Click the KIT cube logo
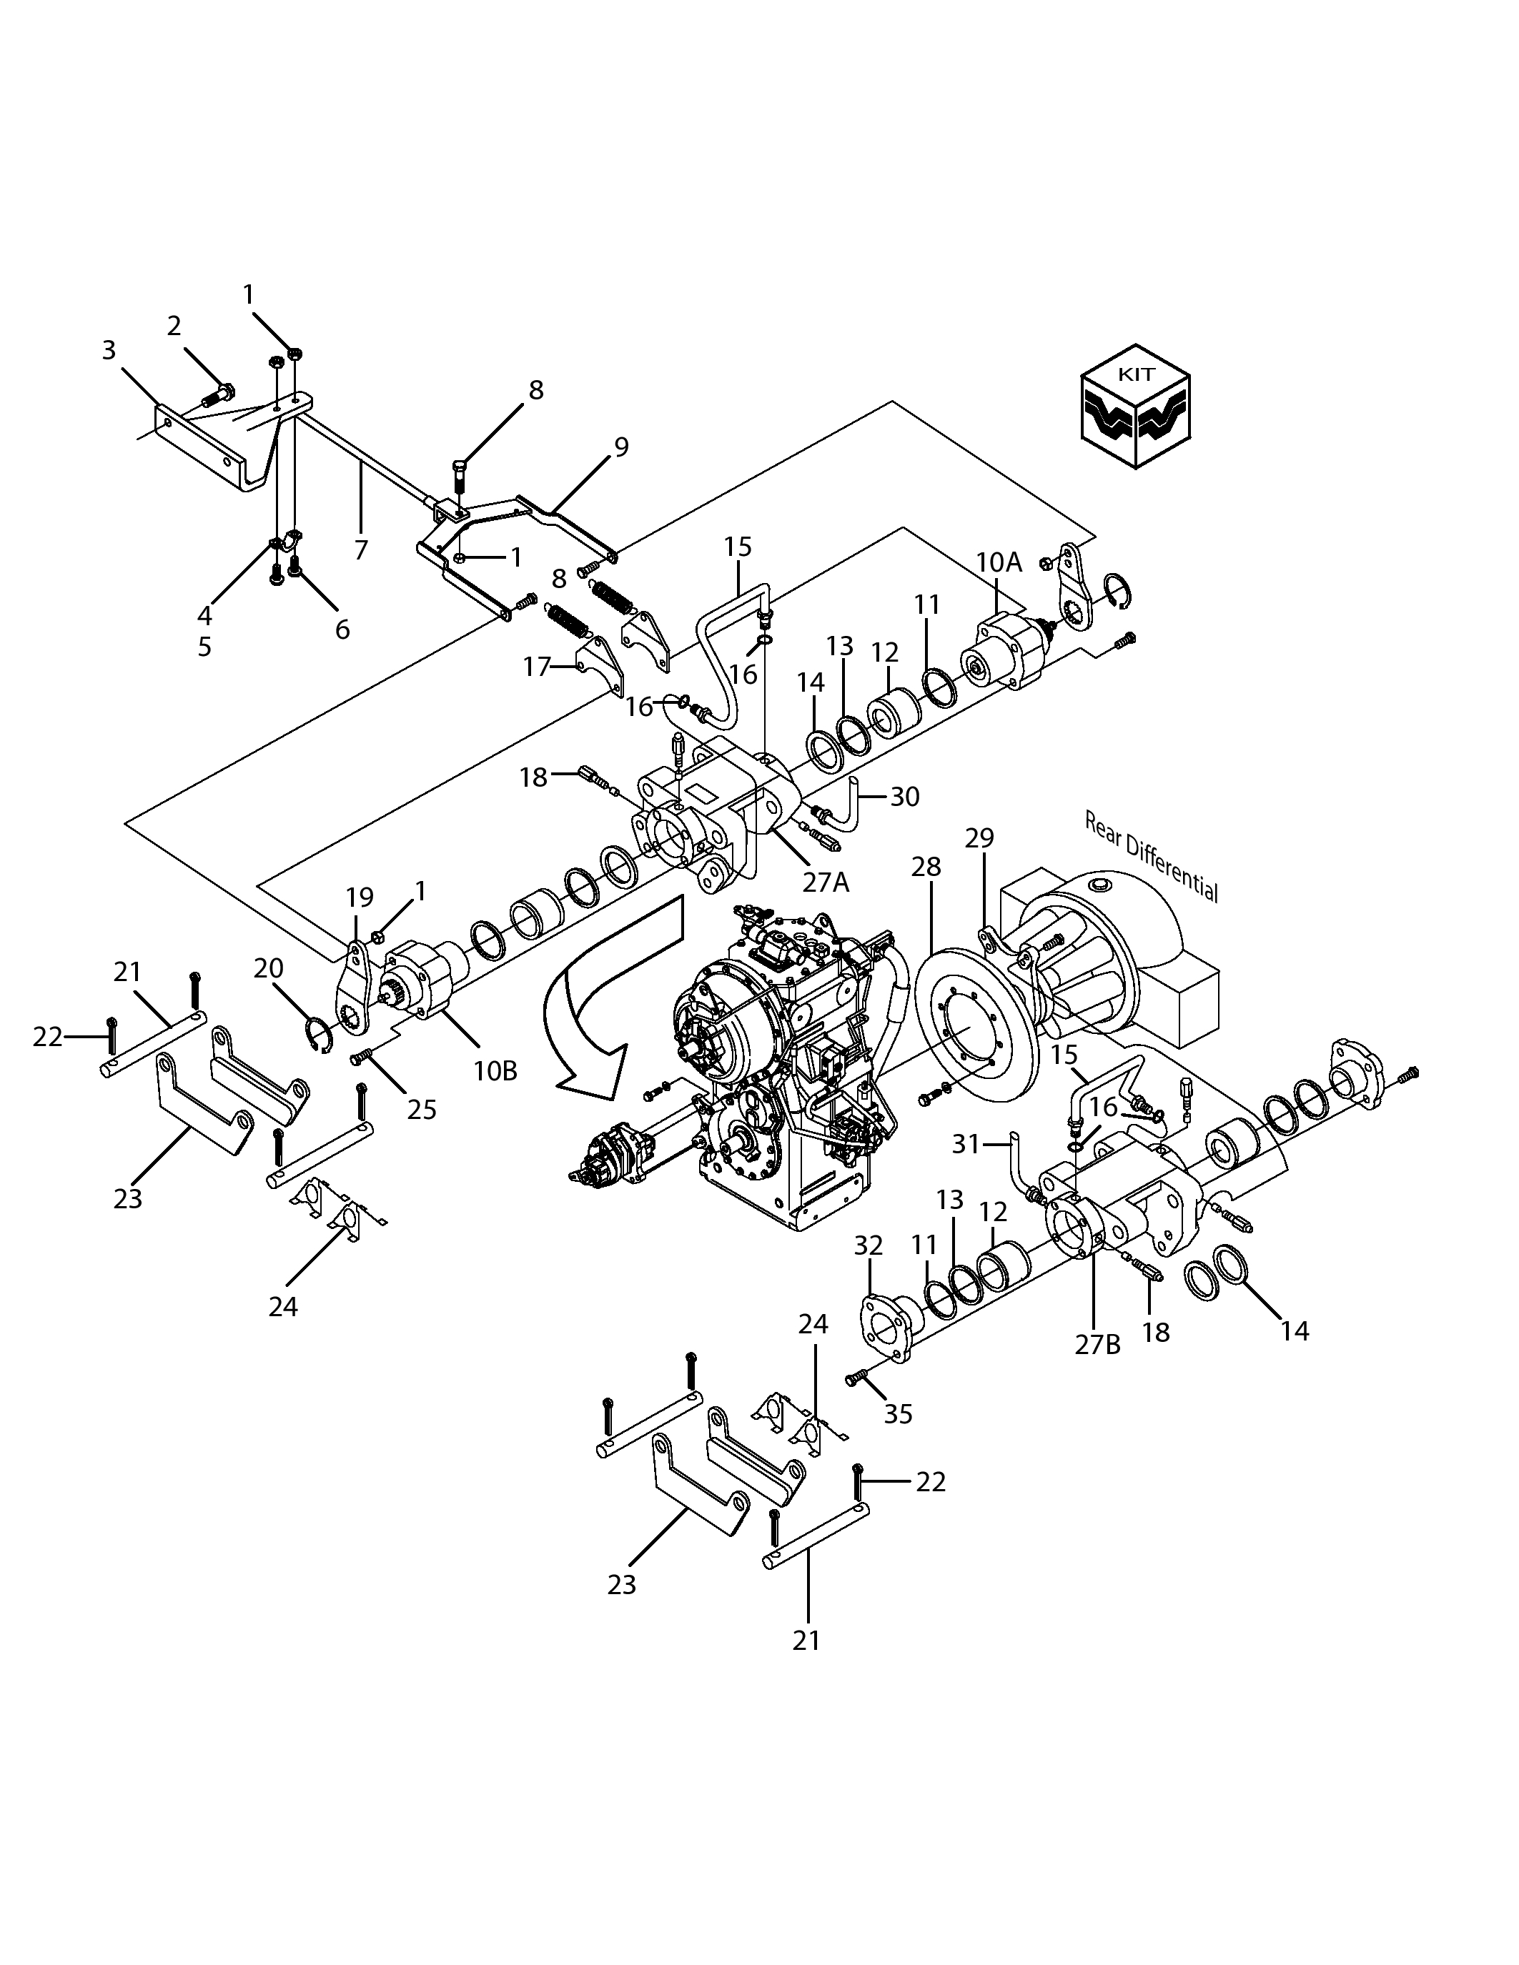click(x=1137, y=406)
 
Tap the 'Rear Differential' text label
click(x=1151, y=857)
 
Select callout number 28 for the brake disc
click(x=926, y=867)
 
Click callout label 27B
click(x=1098, y=1345)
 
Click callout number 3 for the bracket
click(x=109, y=350)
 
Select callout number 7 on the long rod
click(x=361, y=549)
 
